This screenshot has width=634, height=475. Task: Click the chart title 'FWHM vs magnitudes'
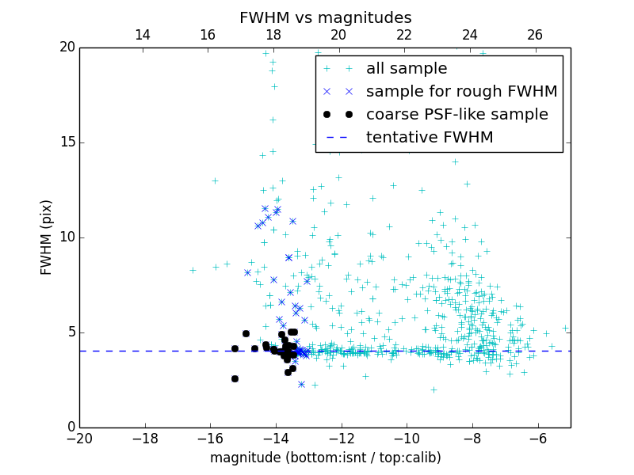[325, 17]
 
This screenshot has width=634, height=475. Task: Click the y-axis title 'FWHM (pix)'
[47, 237]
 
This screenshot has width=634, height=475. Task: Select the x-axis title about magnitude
[325, 458]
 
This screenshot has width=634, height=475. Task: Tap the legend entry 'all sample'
[407, 69]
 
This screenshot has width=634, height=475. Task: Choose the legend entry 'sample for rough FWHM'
[461, 91]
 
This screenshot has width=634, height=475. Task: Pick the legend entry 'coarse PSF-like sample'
[456, 114]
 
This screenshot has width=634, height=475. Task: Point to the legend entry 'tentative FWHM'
[430, 137]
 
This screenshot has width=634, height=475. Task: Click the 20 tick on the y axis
[67, 47]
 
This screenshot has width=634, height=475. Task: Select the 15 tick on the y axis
[67, 142]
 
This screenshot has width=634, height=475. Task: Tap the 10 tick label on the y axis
[67, 237]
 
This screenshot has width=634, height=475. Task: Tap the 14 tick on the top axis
[143, 35]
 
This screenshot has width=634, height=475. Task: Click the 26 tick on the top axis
[535, 35]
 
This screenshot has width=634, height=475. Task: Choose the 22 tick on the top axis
[404, 35]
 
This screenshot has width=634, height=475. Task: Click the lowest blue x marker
[301, 384]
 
